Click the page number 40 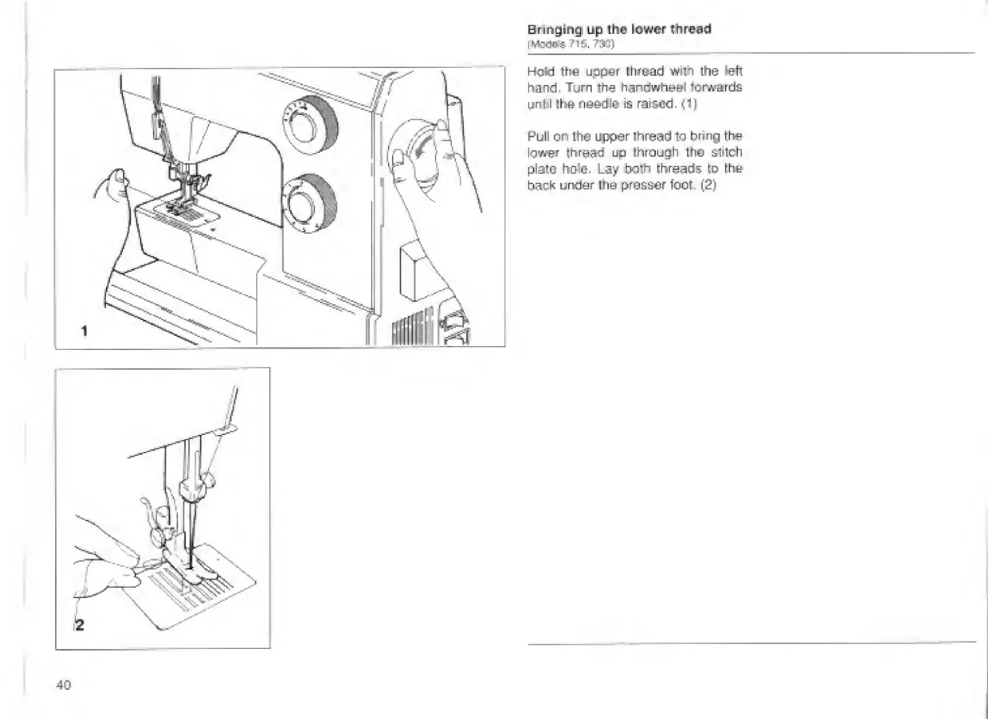tap(63, 684)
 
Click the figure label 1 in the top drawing tap(84, 331)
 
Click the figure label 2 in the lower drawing tap(80, 625)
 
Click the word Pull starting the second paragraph tap(538, 136)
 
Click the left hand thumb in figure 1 tap(118, 178)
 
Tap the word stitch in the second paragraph tap(726, 152)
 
